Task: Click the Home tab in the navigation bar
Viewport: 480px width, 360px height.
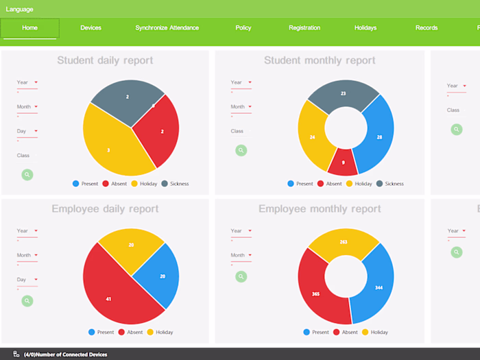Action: (x=29, y=28)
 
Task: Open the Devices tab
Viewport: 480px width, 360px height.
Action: (x=91, y=28)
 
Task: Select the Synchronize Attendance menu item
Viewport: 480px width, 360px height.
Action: (x=167, y=28)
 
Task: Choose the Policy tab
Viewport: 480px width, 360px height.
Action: (x=243, y=28)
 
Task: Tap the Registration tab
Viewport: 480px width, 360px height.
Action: (x=304, y=28)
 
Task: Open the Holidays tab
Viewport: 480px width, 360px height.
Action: (x=365, y=28)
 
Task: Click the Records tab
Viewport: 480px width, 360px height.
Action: (x=427, y=28)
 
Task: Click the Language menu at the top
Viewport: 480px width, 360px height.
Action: (x=20, y=9)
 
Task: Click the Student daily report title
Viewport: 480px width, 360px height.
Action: (x=105, y=60)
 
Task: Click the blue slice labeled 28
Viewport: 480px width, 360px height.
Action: (x=378, y=137)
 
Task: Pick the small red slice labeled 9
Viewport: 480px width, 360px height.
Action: (x=343, y=163)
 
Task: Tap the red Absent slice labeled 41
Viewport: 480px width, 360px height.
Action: (x=109, y=298)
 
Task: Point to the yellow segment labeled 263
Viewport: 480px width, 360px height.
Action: (x=344, y=241)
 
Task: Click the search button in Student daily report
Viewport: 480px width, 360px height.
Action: (x=27, y=175)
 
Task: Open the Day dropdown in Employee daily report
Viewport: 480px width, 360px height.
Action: (x=27, y=280)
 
